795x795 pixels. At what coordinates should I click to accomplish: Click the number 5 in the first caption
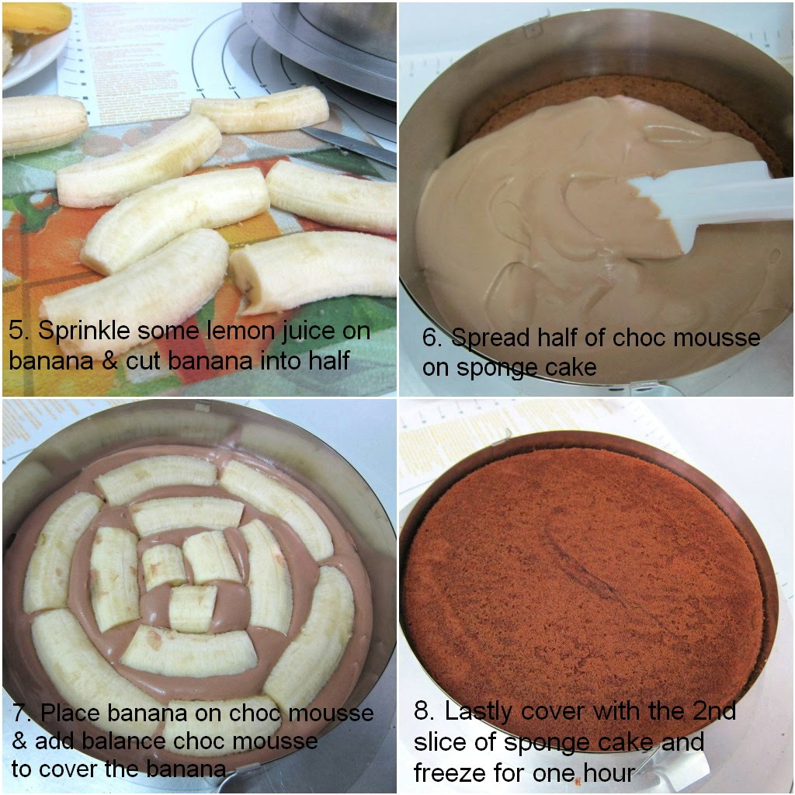17,331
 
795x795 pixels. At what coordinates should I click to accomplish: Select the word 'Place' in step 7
71,713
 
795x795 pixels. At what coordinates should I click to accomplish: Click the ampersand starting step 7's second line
19,741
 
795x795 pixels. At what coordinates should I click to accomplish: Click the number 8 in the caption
424,711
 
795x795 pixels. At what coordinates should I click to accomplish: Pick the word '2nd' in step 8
714,711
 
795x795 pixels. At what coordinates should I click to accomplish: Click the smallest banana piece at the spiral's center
193,609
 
